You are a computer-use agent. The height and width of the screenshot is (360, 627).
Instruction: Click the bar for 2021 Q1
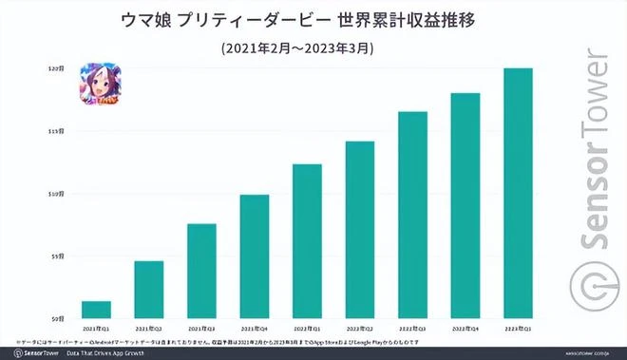(96, 310)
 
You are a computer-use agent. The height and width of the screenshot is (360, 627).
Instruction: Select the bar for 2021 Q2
(148, 290)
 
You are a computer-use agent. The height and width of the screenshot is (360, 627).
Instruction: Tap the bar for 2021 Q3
(201, 271)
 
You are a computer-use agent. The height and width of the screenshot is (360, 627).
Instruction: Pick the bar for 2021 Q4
(254, 256)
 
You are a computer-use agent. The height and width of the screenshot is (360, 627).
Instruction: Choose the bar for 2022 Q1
(307, 241)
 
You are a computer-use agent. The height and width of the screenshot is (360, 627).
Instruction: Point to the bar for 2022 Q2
(360, 230)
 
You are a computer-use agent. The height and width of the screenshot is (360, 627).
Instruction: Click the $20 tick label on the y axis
(57, 68)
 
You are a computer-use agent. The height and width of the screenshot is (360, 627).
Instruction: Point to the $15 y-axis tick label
(57, 131)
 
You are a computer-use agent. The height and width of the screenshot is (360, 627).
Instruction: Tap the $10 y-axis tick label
(57, 194)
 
